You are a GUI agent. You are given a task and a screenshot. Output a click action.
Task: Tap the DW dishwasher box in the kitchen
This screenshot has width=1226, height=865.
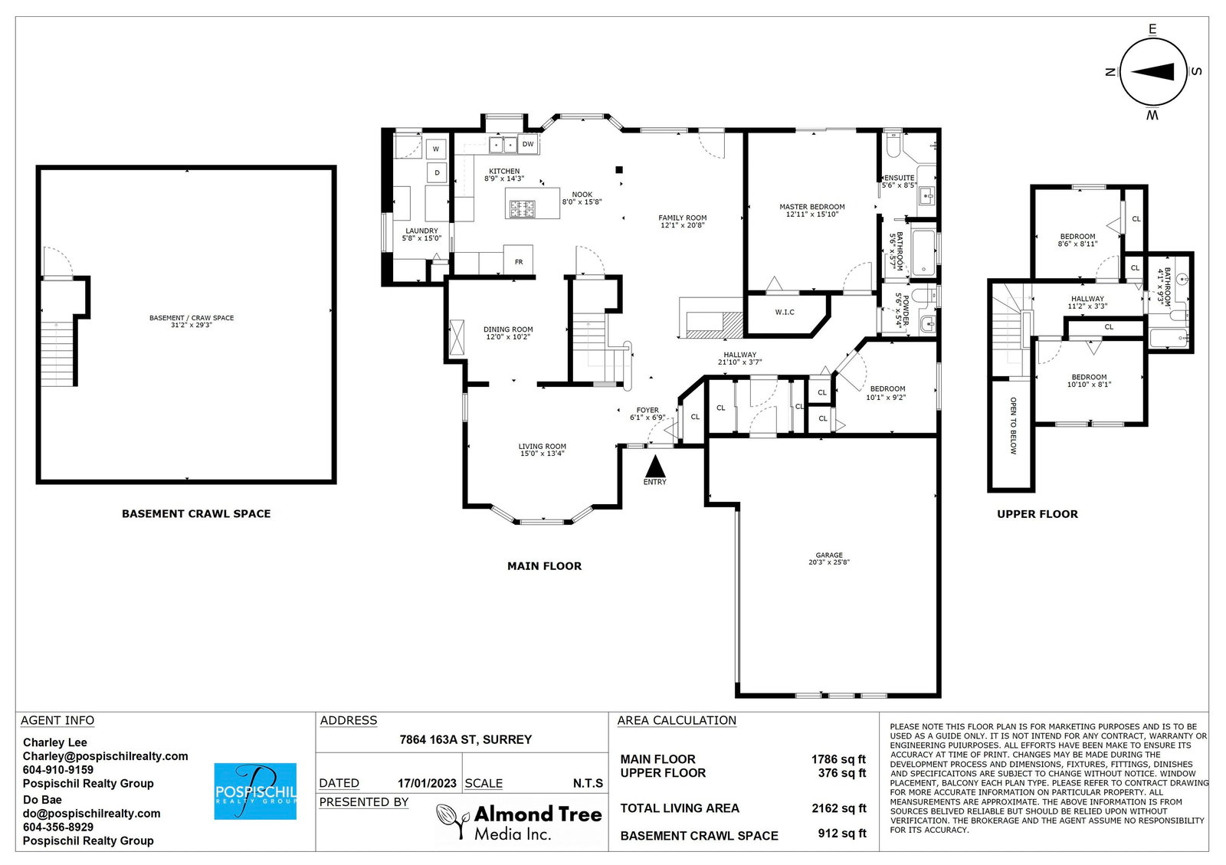coord(528,145)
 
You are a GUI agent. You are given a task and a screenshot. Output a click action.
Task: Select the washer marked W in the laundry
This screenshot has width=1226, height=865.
coord(436,149)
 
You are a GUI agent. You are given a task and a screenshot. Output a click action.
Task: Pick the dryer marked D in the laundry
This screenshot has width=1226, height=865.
coord(437,173)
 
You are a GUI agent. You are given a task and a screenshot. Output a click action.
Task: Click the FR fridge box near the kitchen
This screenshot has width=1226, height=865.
coord(518,259)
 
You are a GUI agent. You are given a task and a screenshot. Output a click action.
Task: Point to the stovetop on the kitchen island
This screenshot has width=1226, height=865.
coord(522,209)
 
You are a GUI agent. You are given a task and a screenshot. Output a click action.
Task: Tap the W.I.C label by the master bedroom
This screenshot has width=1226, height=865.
coord(785,313)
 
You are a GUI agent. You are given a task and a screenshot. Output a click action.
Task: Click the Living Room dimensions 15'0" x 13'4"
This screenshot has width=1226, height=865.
coord(542,454)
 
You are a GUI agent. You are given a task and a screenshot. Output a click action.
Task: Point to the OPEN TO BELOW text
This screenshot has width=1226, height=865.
coord(1013,426)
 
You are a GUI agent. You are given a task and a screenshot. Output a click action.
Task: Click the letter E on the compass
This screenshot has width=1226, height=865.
coord(1152,30)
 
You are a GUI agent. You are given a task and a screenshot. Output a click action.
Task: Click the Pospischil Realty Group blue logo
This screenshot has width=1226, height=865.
coord(255,791)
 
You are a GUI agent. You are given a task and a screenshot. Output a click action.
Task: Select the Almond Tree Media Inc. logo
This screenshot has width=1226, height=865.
coord(519,822)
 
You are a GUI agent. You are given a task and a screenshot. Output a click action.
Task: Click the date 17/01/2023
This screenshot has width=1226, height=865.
coord(427,784)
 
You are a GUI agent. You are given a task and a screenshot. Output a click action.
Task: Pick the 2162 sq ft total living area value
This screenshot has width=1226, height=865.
coord(839,808)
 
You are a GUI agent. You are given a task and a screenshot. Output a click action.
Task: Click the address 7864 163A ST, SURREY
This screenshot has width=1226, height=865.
coord(466,739)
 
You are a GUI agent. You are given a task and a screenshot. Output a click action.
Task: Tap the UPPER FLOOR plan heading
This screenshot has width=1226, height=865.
coord(1038,514)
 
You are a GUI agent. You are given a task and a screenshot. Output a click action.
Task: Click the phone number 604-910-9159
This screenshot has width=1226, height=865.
coord(58,770)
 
